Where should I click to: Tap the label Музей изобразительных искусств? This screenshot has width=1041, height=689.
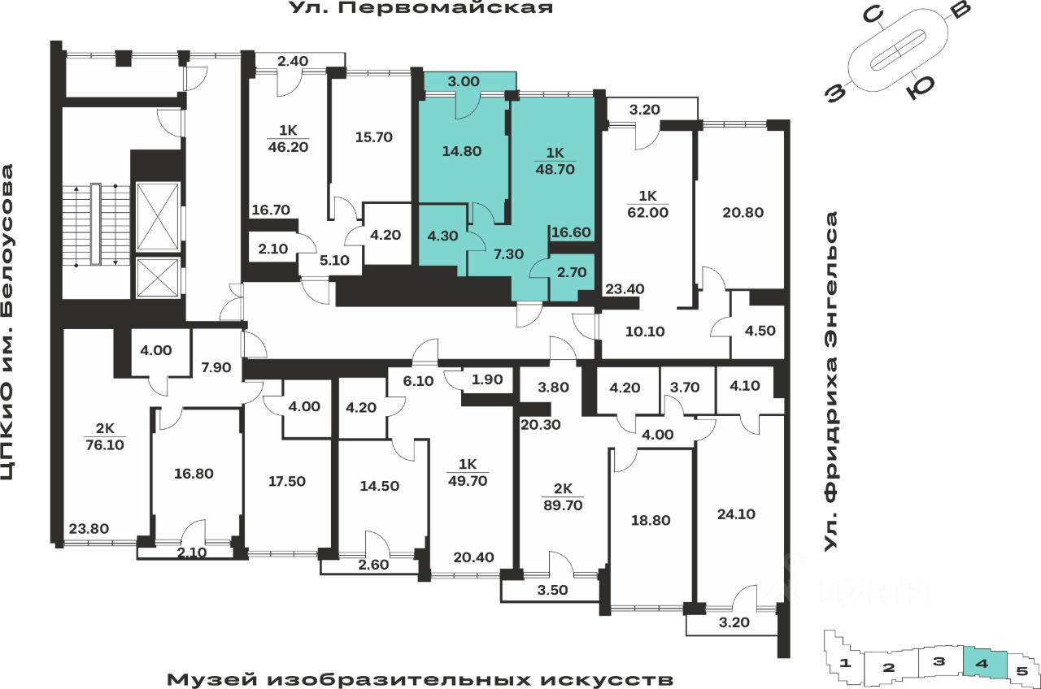click(420, 678)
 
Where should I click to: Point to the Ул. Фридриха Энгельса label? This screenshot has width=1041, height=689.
click(830, 382)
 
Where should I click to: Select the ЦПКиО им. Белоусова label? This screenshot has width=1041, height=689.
click(9, 333)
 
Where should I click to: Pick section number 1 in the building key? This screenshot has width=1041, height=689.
click(846, 663)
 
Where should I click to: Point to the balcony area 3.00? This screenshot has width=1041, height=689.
click(464, 81)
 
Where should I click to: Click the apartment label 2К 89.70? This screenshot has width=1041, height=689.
click(562, 496)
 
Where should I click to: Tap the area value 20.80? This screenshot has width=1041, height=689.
click(742, 213)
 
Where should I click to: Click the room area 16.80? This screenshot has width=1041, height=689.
click(195, 473)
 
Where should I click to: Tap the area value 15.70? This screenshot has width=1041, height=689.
click(374, 137)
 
